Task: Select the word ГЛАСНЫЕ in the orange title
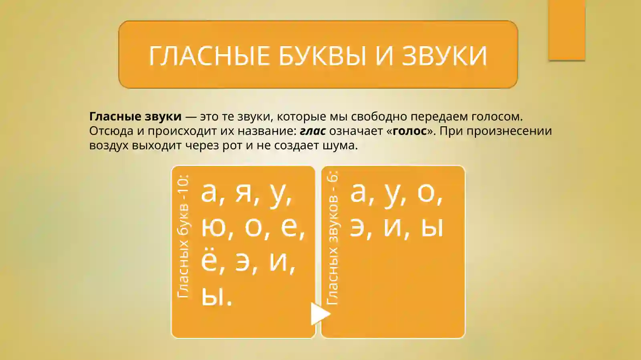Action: click(210, 55)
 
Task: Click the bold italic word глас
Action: click(312, 131)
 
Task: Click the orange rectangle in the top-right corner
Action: click(566, 30)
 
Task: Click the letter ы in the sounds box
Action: click(432, 227)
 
